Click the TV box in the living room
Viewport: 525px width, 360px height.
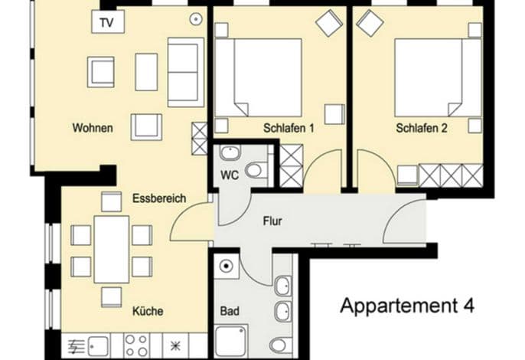pyautogui.click(x=108, y=21)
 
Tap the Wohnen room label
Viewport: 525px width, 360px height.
pyautogui.click(x=93, y=128)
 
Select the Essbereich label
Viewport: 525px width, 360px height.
pyautogui.click(x=159, y=198)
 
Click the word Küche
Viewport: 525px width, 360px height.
pyautogui.click(x=148, y=311)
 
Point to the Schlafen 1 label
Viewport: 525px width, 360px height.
pyautogui.click(x=289, y=128)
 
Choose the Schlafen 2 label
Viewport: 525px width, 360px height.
pyautogui.click(x=422, y=128)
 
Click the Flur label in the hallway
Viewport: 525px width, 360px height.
pyautogui.click(x=272, y=221)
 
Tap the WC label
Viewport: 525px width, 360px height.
pyautogui.click(x=230, y=175)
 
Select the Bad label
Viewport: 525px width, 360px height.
pyautogui.click(x=230, y=311)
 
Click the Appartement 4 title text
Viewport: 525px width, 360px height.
pyautogui.click(x=407, y=306)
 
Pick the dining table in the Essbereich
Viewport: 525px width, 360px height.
pyautogui.click(x=112, y=250)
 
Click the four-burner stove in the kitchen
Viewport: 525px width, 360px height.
pyautogui.click(x=136, y=345)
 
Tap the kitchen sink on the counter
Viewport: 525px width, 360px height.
pyautogui.click(x=98, y=346)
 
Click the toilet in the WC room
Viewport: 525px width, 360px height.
pyautogui.click(x=256, y=170)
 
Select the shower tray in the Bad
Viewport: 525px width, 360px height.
pyautogui.click(x=231, y=341)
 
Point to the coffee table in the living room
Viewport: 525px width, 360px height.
pyautogui.click(x=146, y=72)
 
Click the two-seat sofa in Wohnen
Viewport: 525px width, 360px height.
pyautogui.click(x=186, y=72)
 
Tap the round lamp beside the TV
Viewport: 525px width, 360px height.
pyautogui.click(x=196, y=19)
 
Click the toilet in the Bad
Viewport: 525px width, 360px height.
pyautogui.click(x=281, y=345)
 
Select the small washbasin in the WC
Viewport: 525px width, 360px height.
pyautogui.click(x=230, y=153)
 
